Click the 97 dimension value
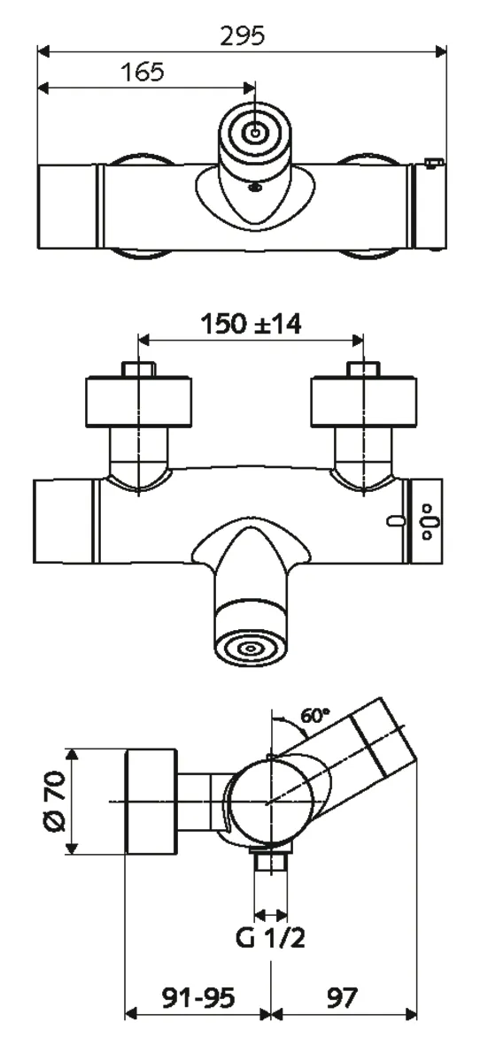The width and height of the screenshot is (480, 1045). tap(339, 997)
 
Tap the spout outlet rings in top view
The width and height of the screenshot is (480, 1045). tap(255, 134)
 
